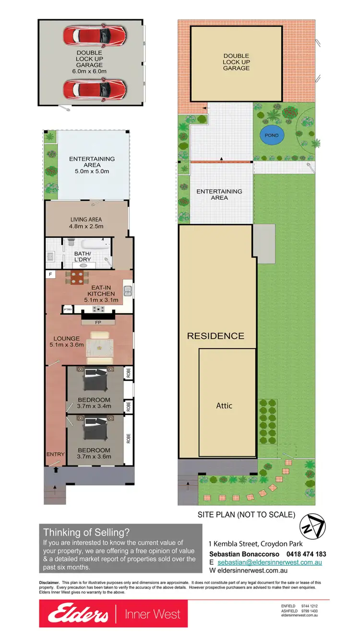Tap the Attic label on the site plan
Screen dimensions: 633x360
224,405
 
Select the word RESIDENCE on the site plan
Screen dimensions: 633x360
216,336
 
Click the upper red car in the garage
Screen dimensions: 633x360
95,35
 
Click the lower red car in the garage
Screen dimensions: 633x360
95,89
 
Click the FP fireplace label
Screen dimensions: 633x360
98,322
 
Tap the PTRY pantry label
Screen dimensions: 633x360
68,309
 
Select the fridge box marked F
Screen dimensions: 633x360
50,274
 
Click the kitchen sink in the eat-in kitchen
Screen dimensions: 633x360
128,291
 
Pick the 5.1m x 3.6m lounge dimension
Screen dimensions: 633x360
67,345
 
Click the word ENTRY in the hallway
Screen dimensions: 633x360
55,454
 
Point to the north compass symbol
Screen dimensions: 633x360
312,526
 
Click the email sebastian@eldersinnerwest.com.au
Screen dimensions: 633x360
270,562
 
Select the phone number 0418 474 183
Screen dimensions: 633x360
306,554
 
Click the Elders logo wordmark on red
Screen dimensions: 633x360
74,614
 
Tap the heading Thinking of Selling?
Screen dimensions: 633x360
86,532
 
